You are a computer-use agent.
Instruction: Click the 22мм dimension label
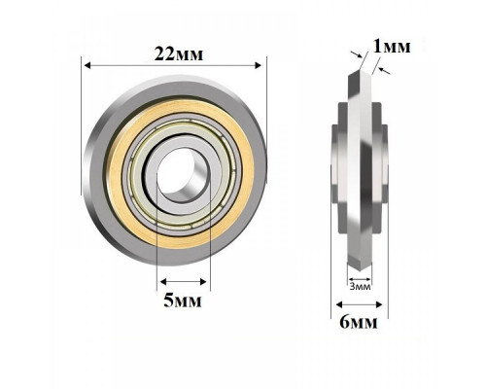(x=179, y=54)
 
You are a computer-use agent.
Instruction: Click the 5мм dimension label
(x=183, y=301)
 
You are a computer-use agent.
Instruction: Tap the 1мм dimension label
(x=392, y=47)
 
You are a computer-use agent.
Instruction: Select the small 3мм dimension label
(x=360, y=287)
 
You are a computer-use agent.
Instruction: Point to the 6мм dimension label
(x=359, y=322)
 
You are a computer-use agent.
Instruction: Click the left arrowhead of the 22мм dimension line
(x=87, y=65)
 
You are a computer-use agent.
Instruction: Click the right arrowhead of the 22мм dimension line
(x=259, y=65)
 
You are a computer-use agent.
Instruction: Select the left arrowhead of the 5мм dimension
(x=163, y=282)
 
